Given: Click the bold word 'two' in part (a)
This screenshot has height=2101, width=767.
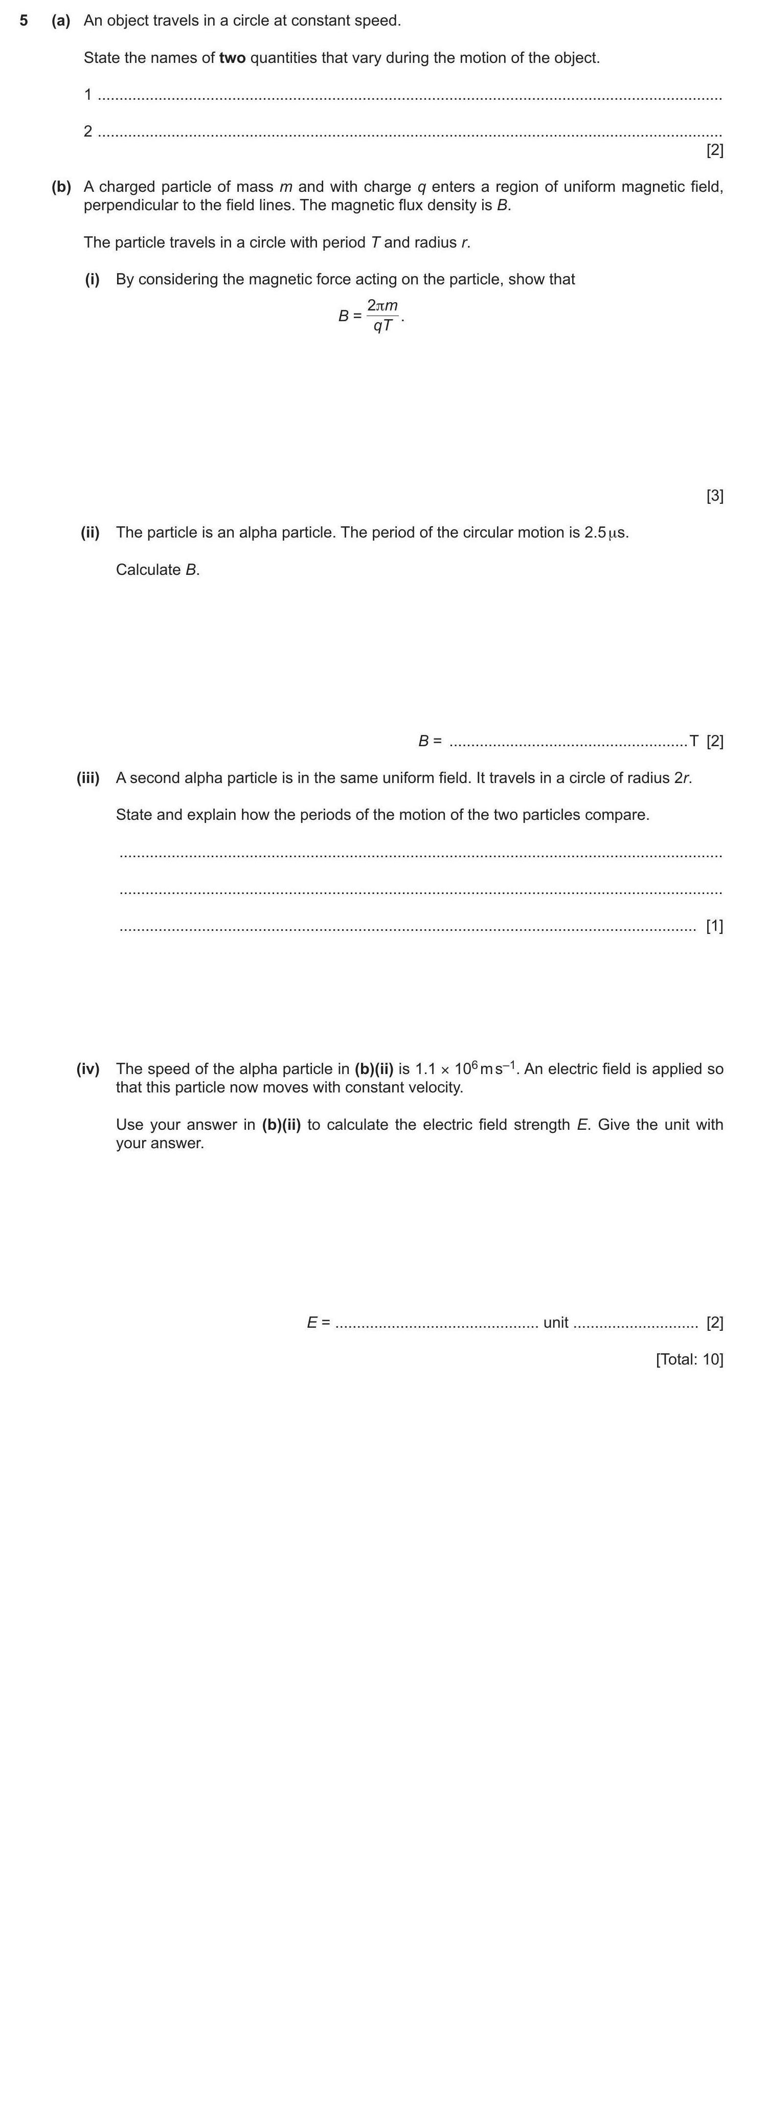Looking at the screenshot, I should tap(232, 58).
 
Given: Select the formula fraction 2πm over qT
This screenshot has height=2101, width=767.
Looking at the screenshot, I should tap(382, 316).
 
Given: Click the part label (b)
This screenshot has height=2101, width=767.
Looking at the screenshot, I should tap(61, 187).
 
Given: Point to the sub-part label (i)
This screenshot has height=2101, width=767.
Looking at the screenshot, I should tap(92, 279).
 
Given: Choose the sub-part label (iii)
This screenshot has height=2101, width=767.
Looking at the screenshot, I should tap(88, 777).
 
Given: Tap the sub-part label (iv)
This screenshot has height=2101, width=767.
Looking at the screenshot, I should tap(88, 1068).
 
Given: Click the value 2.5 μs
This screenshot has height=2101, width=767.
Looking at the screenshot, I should tap(605, 532).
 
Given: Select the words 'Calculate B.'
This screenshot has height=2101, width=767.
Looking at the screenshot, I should tap(157, 569).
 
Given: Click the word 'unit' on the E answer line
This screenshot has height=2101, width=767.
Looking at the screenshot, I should tap(555, 1322).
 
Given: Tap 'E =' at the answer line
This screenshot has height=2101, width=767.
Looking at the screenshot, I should tap(318, 1322).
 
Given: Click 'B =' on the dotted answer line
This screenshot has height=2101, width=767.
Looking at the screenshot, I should tap(430, 741).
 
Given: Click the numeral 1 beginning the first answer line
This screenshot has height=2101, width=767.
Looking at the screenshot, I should tap(88, 95).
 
